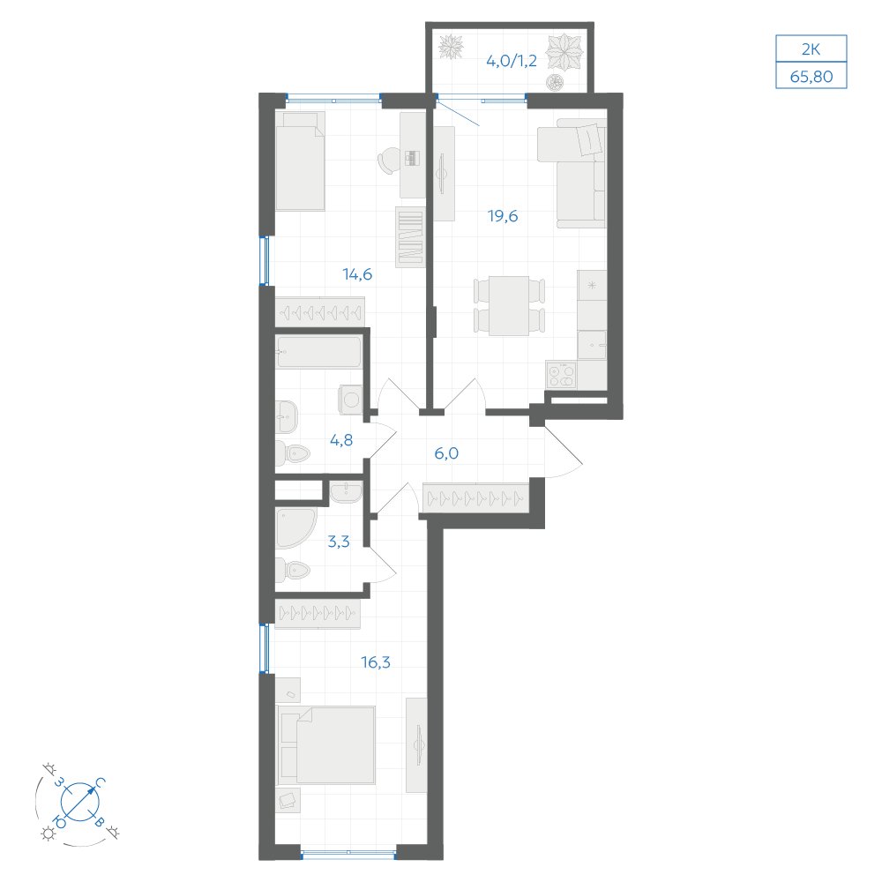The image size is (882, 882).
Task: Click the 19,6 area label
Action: (x=503, y=216)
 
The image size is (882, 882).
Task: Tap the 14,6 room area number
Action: (x=357, y=274)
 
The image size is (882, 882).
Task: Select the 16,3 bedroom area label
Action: (x=376, y=662)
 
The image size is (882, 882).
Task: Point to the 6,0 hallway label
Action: (x=446, y=452)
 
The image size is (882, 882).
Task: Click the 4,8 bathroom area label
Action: (x=341, y=440)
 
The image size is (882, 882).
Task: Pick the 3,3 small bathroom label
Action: (x=339, y=542)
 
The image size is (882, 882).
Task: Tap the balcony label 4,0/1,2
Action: (x=512, y=61)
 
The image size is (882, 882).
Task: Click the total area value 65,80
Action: (x=811, y=76)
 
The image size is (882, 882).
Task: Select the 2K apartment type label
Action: (x=811, y=49)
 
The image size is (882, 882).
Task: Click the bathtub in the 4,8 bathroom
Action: (x=318, y=352)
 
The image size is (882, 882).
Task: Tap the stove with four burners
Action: (x=561, y=375)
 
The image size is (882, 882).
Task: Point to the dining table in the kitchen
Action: (x=509, y=305)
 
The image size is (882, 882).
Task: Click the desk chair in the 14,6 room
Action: (x=387, y=161)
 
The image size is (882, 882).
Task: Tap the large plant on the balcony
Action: (x=564, y=52)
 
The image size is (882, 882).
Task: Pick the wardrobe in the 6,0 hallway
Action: (x=476, y=497)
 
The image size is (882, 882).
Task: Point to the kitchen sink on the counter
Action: (x=592, y=345)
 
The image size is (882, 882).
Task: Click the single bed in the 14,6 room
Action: (x=301, y=161)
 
